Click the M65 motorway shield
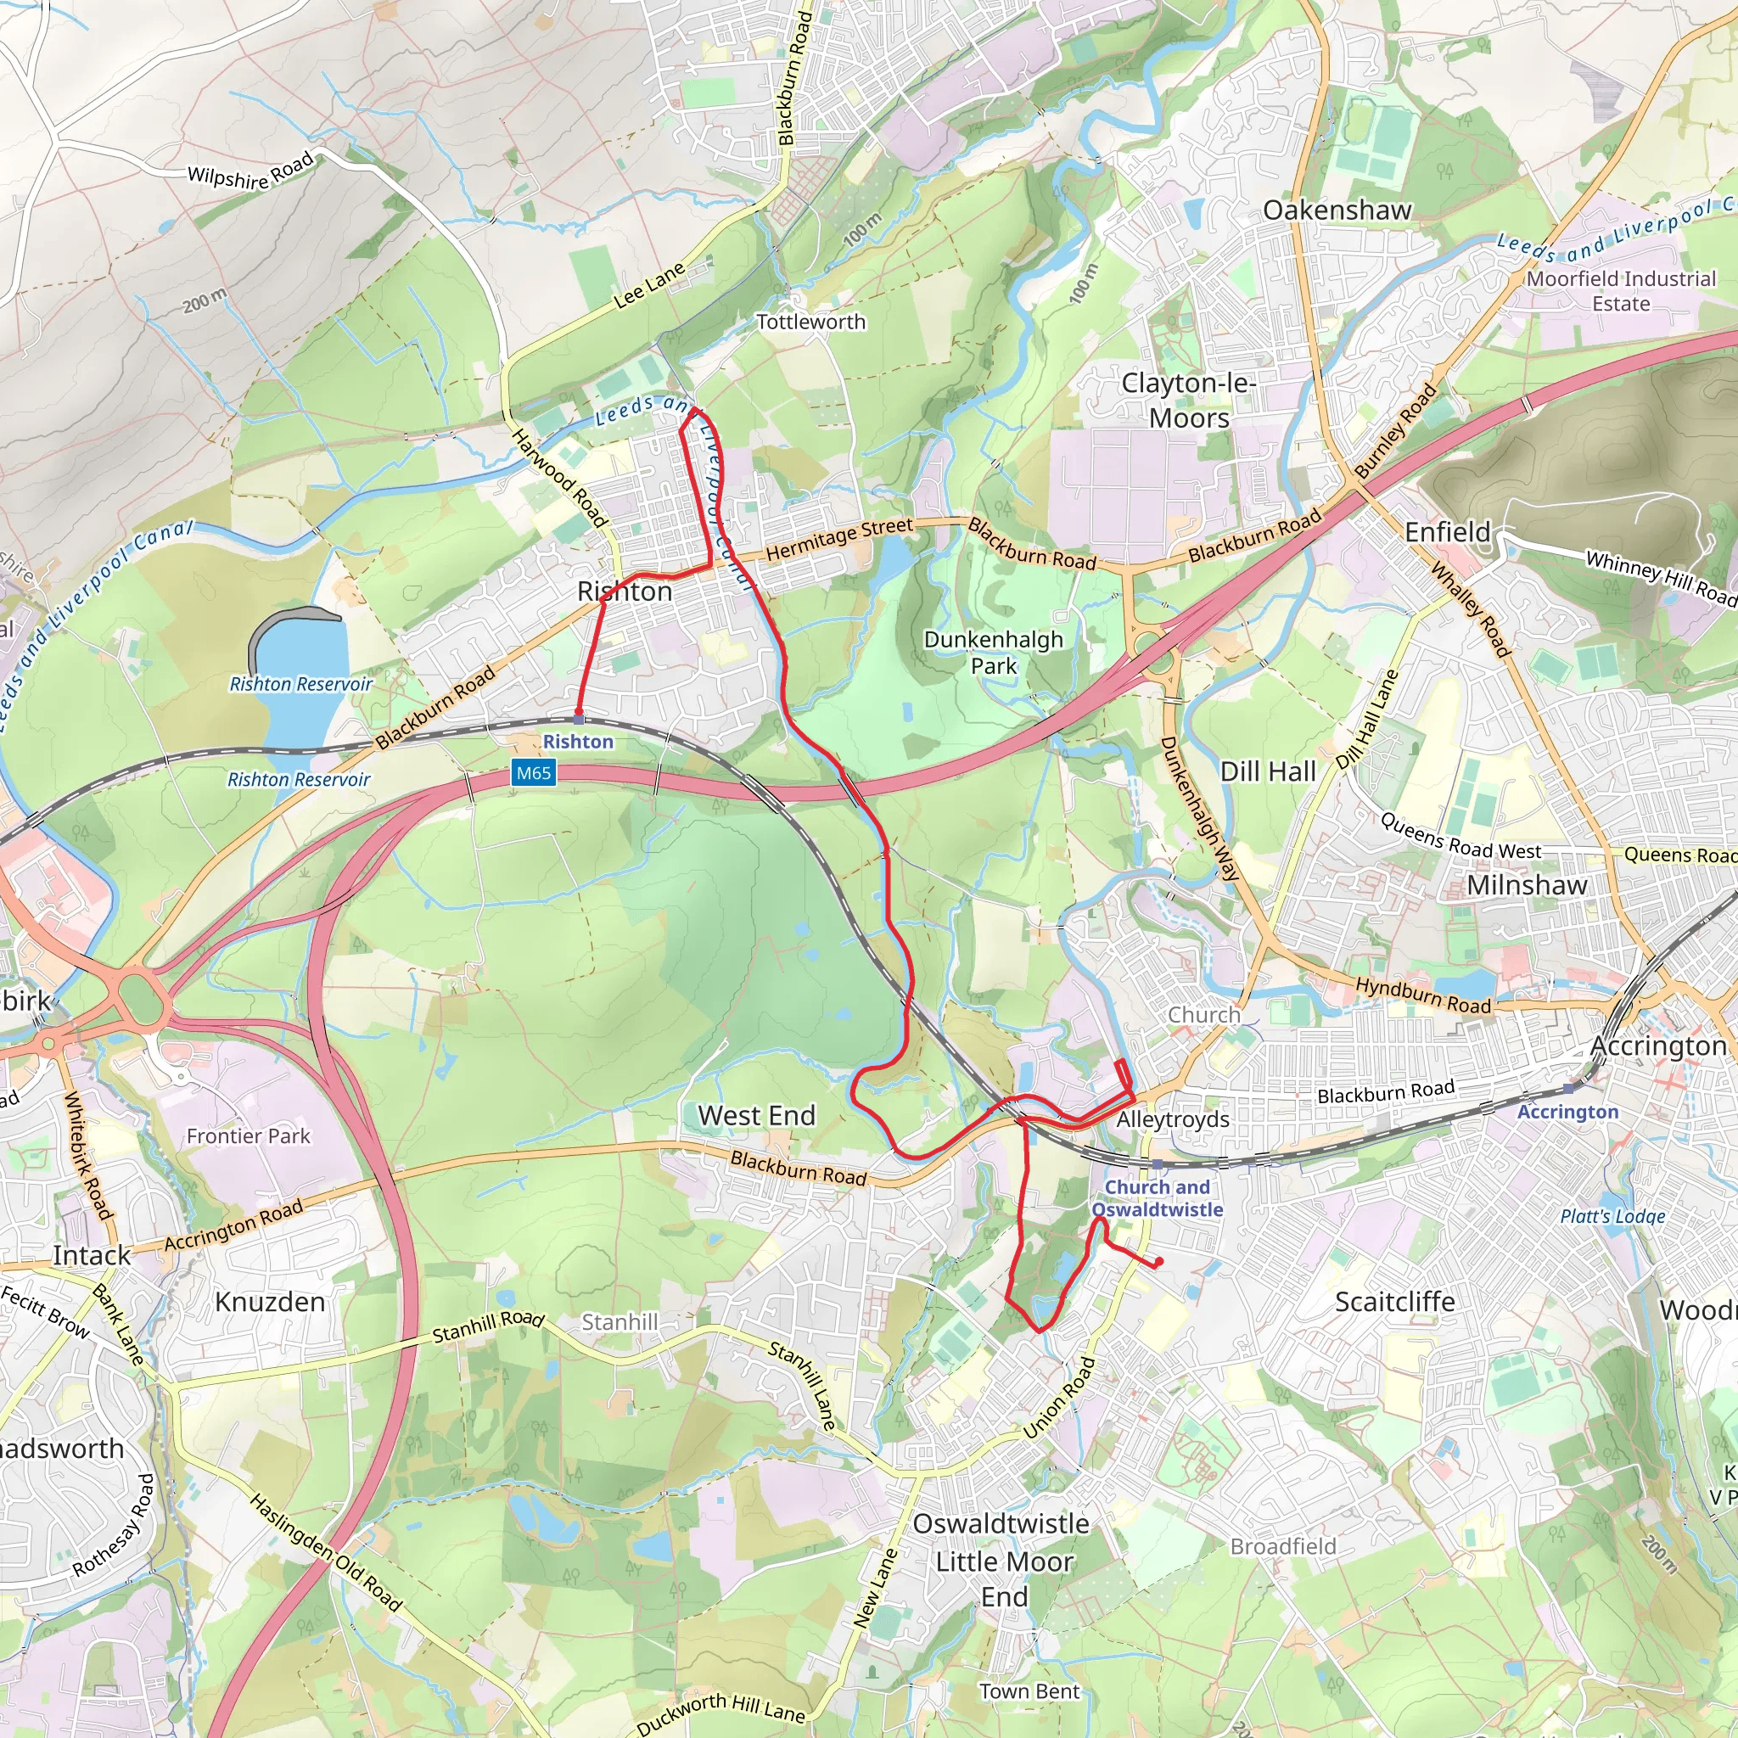tap(534, 773)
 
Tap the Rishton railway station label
tap(578, 741)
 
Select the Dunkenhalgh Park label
tap(993, 653)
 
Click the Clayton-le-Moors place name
tap(1188, 401)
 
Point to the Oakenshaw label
tap(1337, 210)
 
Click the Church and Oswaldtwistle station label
tap(1157, 1198)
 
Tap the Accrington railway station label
tap(1567, 1112)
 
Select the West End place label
tap(756, 1115)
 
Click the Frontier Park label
tap(248, 1136)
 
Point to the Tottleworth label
tap(810, 322)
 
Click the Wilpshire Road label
tap(250, 171)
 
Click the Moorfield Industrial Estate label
tap(1621, 290)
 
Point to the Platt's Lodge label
tap(1613, 1216)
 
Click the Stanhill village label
tap(619, 1321)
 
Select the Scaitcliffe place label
tap(1394, 1302)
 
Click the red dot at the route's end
tap(1158, 1261)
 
